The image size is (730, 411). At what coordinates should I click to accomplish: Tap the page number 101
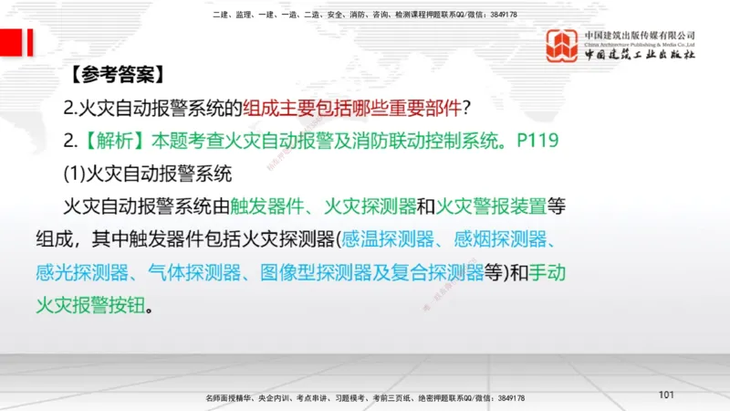(665, 395)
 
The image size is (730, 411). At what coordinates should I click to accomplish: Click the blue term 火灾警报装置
(495, 206)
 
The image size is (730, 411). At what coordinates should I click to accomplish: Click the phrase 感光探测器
(108, 271)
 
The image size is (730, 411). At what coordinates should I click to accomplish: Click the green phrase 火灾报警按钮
(108, 303)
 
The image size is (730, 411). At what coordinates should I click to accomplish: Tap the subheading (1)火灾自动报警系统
(149, 174)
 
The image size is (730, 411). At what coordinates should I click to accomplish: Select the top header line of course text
(364, 15)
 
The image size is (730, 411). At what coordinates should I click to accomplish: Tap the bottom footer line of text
(365, 398)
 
